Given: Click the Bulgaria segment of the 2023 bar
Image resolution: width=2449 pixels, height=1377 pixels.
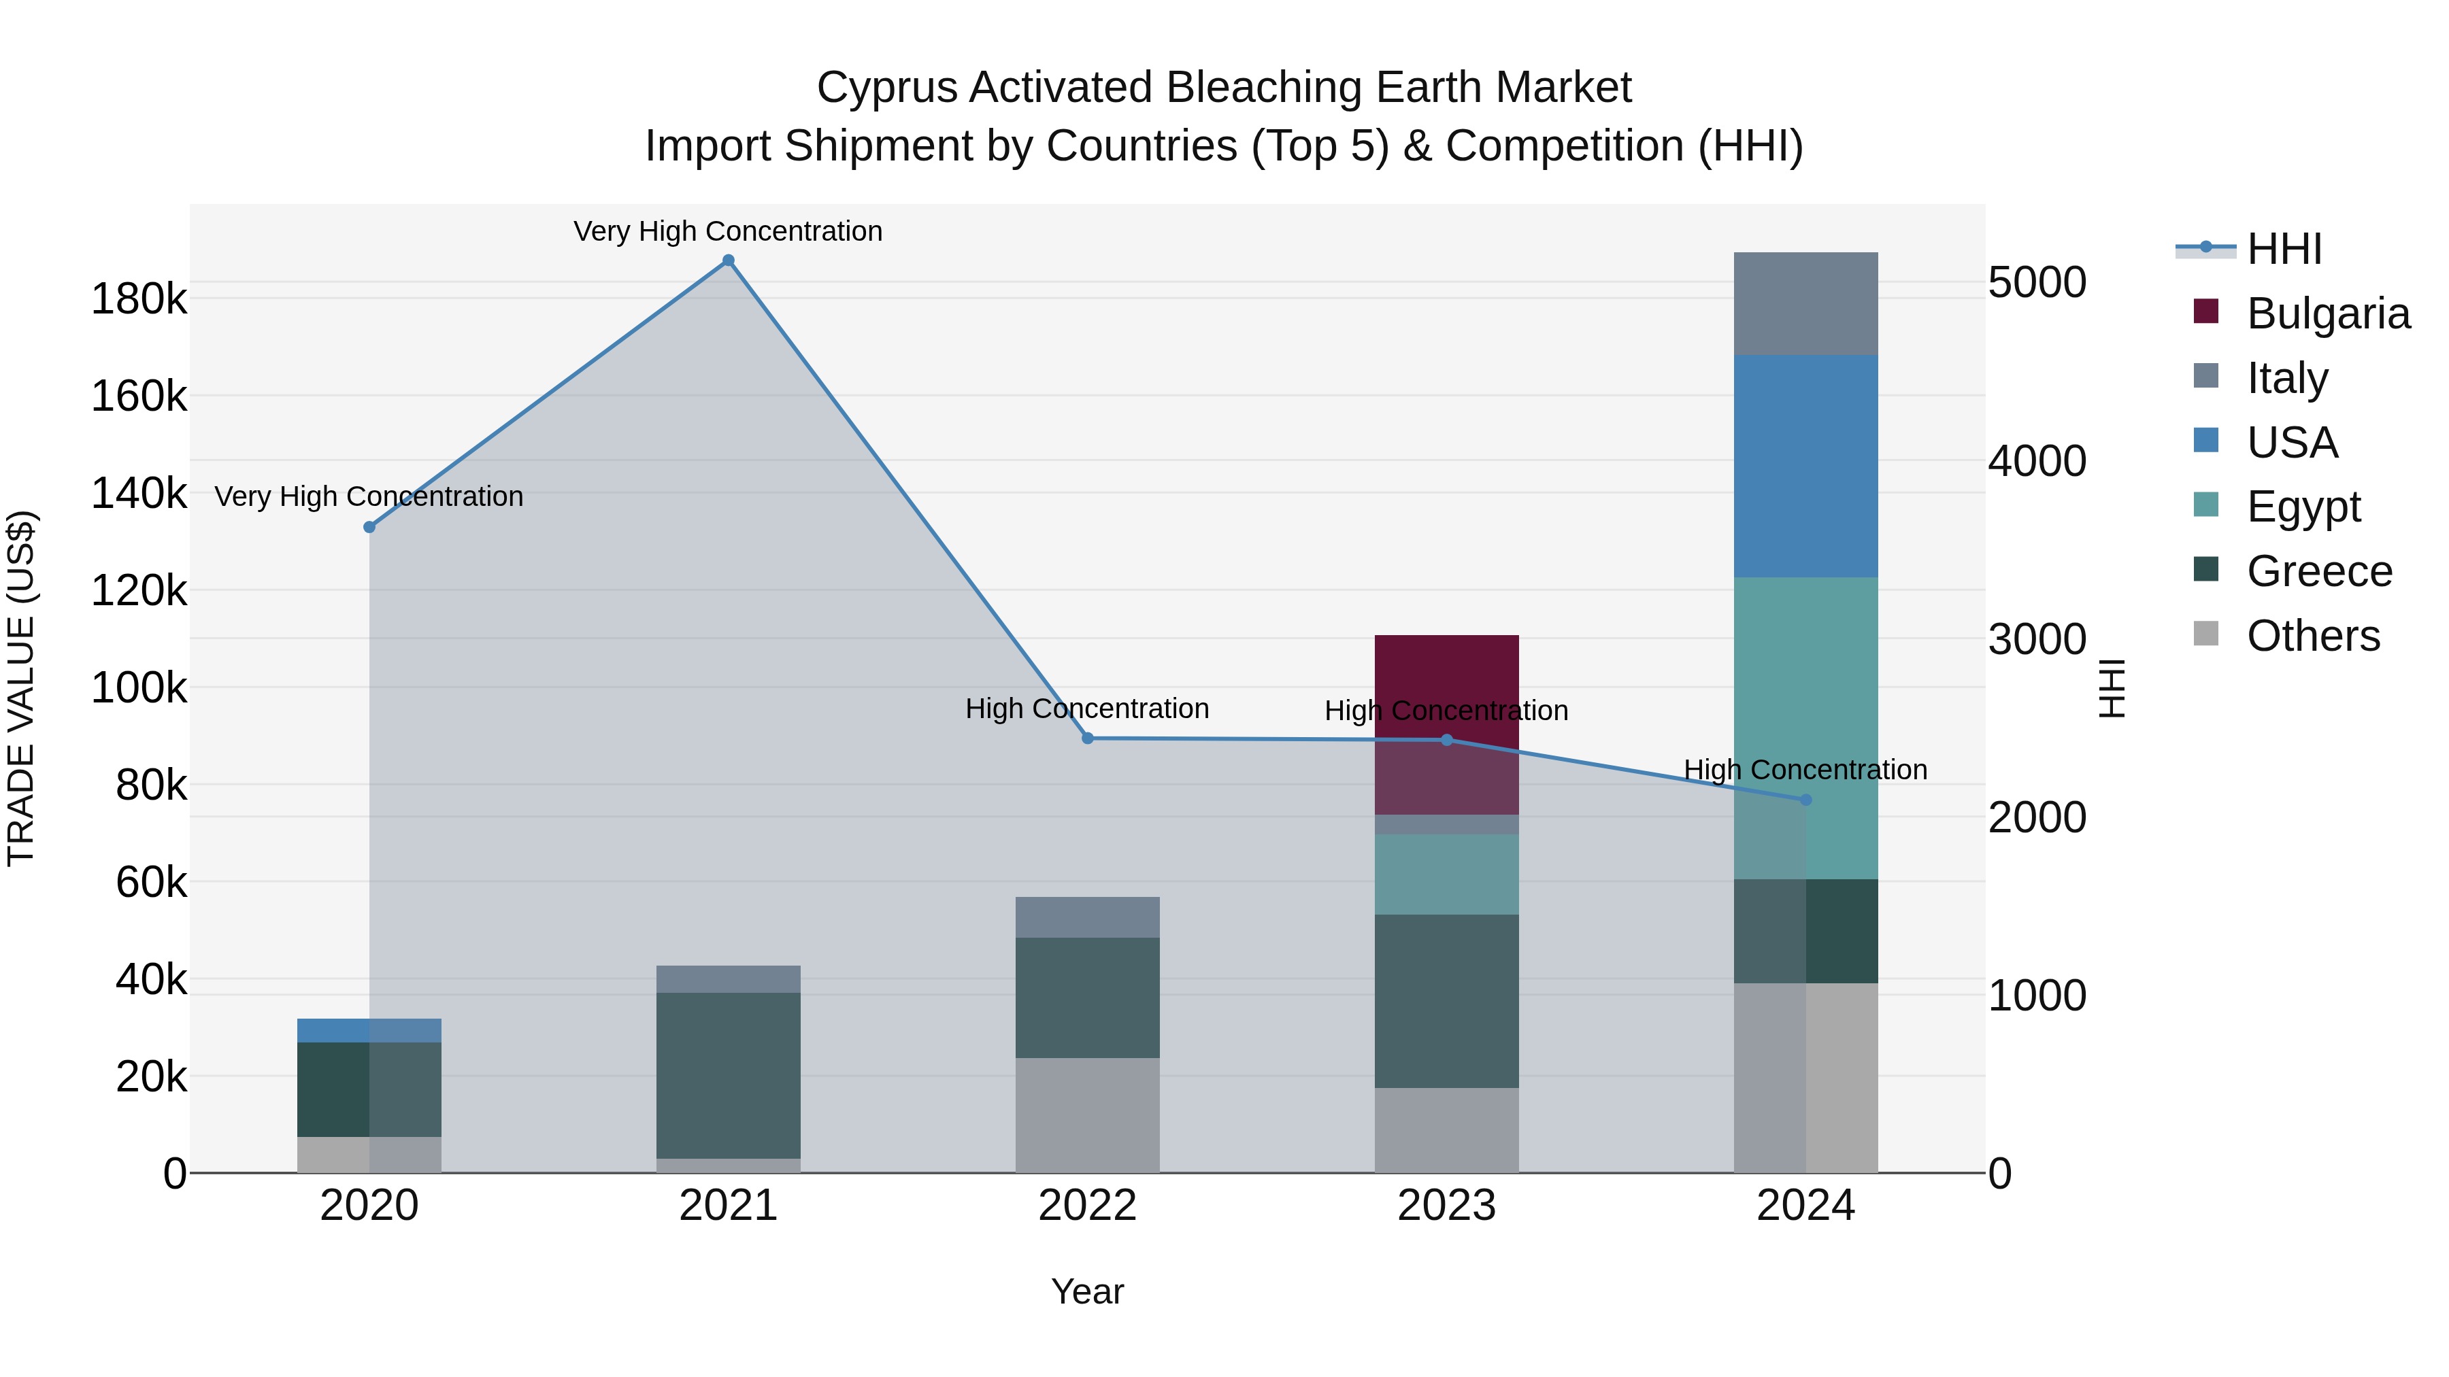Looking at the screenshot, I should point(1446,684).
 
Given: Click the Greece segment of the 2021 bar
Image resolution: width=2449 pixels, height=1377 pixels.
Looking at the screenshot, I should point(727,1074).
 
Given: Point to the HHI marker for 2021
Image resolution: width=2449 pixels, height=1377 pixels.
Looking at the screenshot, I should point(727,260).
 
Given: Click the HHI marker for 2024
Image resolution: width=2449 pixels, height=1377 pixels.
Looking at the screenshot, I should point(1805,799).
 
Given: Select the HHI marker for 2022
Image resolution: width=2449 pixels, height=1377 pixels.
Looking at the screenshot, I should point(1088,738).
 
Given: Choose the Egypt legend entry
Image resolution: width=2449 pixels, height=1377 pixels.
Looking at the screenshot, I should point(2303,507).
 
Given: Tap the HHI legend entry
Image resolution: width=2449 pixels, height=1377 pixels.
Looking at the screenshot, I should point(2282,249).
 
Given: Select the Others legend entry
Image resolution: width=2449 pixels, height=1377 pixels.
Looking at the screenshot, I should point(2312,636).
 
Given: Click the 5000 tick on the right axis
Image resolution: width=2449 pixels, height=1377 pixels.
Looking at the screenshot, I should point(2036,282).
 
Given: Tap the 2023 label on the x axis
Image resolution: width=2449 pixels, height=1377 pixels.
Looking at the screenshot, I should point(1446,1206).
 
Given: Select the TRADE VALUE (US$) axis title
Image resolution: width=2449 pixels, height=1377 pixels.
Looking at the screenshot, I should point(21,688).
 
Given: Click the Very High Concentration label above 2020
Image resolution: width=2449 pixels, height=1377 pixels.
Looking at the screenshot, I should point(369,496).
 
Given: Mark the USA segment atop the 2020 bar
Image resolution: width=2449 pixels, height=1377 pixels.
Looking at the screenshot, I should point(369,1030).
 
